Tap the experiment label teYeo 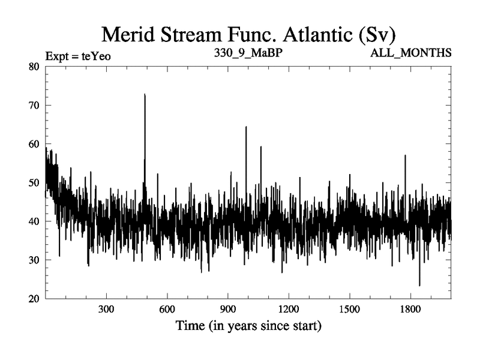point(78,56)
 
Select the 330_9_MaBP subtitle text point(249,52)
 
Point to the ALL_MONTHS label point(412,52)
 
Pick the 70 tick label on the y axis point(34,105)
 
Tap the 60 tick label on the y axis point(34,144)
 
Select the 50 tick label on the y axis point(34,182)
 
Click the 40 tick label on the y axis point(34,221)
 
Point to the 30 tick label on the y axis point(34,260)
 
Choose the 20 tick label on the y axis point(34,299)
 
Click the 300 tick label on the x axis point(106,311)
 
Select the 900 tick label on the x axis point(228,311)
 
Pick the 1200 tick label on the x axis point(289,311)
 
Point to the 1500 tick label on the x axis point(349,311)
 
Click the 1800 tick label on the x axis point(410,311)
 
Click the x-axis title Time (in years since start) point(248,327)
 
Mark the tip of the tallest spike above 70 point(145,94)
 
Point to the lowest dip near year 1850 point(419,286)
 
